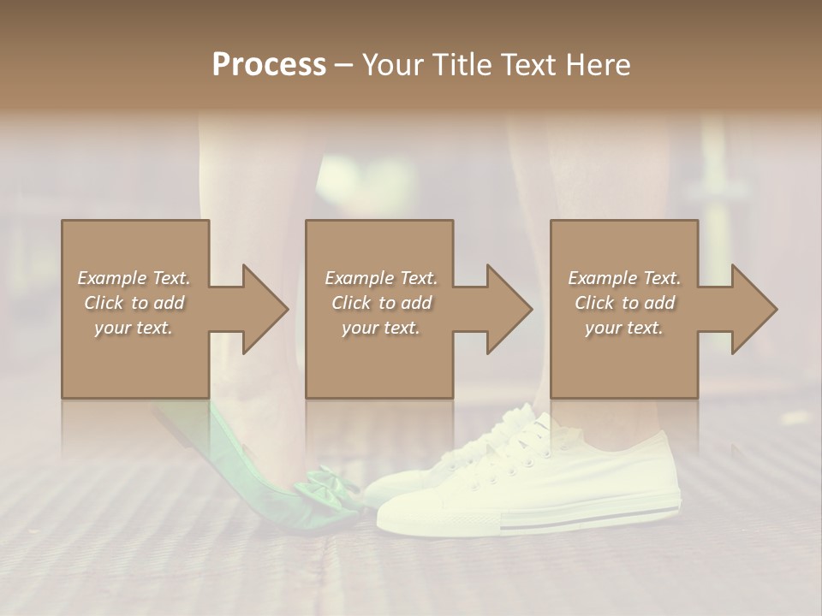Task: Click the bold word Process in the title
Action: (269, 64)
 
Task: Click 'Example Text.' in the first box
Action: (134, 278)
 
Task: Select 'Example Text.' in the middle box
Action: (380, 278)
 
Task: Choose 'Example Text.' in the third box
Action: (624, 278)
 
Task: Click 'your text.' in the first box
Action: (134, 328)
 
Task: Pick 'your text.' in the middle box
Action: (380, 328)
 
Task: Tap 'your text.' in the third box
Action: (624, 328)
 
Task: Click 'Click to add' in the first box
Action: (134, 303)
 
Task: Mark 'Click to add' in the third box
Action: (624, 303)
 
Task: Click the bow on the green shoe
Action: (326, 484)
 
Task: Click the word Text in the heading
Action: (530, 64)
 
